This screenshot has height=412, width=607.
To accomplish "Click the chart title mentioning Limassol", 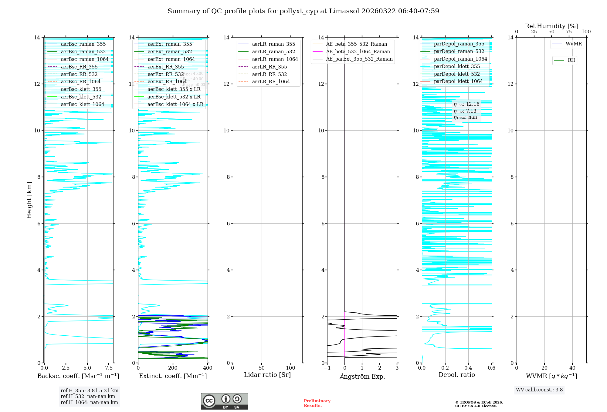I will pyautogui.click(x=303, y=11).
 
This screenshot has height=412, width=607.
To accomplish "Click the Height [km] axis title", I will pyautogui.click(x=29, y=200).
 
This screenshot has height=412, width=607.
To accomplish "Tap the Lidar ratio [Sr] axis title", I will pyautogui.click(x=267, y=375).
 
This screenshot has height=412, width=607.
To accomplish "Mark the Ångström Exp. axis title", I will pyautogui.click(x=362, y=377).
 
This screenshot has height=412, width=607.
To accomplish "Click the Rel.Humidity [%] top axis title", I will pyautogui.click(x=551, y=26).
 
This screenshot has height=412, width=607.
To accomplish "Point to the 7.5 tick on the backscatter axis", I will pyautogui.click(x=109, y=368).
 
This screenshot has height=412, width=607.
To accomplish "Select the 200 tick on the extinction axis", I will pyautogui.click(x=173, y=368).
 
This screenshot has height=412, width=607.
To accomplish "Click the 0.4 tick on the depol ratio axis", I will pyautogui.click(x=468, y=368).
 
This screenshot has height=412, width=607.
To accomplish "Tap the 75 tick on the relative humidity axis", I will pyautogui.click(x=569, y=32).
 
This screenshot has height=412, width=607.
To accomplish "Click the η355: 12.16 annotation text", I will pyautogui.click(x=466, y=105).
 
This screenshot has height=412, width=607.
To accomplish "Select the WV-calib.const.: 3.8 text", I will pyautogui.click(x=539, y=390).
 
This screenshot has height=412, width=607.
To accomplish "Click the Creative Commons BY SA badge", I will pyautogui.click(x=224, y=401).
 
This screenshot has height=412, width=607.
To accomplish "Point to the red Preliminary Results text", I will pyautogui.click(x=317, y=403).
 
